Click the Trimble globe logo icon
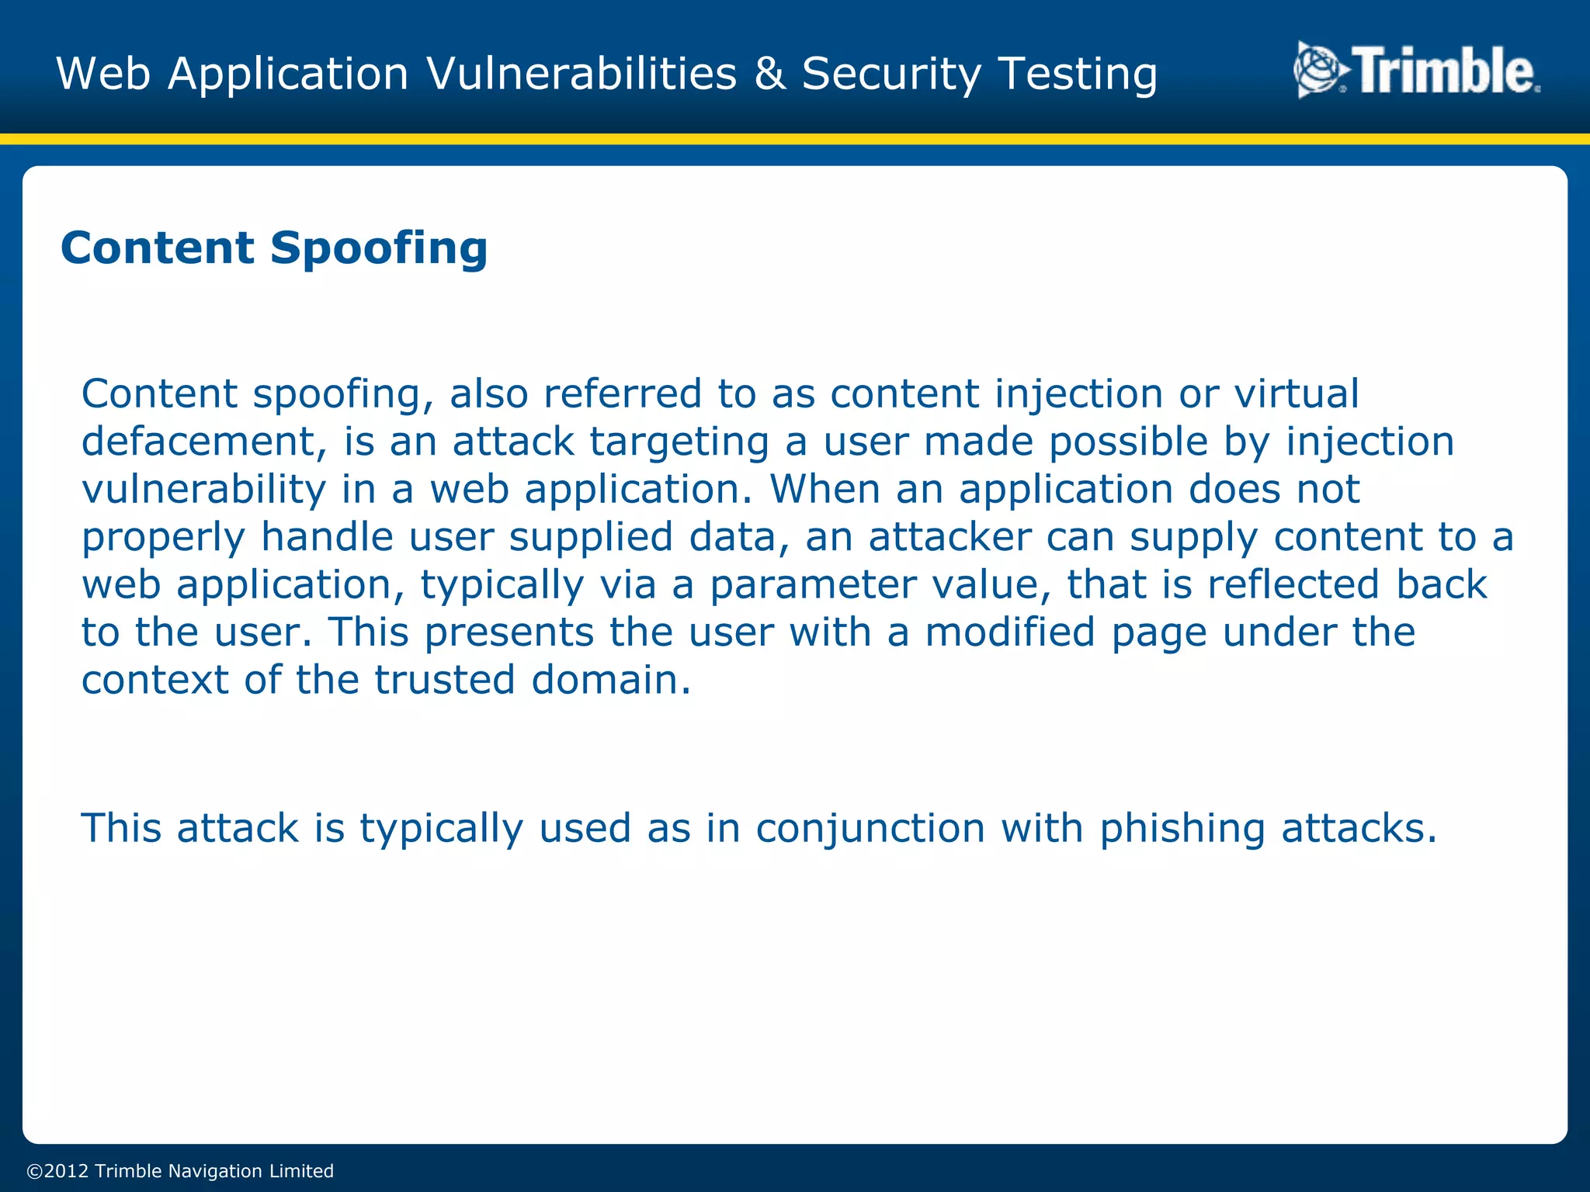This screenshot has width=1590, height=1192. (x=1320, y=71)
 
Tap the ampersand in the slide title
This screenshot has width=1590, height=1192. (x=769, y=74)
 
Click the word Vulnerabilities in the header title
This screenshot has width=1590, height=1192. (x=581, y=74)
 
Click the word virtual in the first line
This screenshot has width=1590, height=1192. (x=1297, y=393)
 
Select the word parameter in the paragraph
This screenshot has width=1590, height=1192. (x=813, y=584)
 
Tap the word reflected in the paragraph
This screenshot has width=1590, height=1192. (x=1293, y=584)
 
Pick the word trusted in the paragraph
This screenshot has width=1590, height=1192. (x=445, y=680)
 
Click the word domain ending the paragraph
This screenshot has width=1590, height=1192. (x=610, y=680)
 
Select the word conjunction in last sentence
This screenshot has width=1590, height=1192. (x=870, y=828)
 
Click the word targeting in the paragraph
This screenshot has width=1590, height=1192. (x=679, y=442)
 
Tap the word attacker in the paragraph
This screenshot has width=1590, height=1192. (x=949, y=537)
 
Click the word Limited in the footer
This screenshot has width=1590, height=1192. (x=301, y=1171)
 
